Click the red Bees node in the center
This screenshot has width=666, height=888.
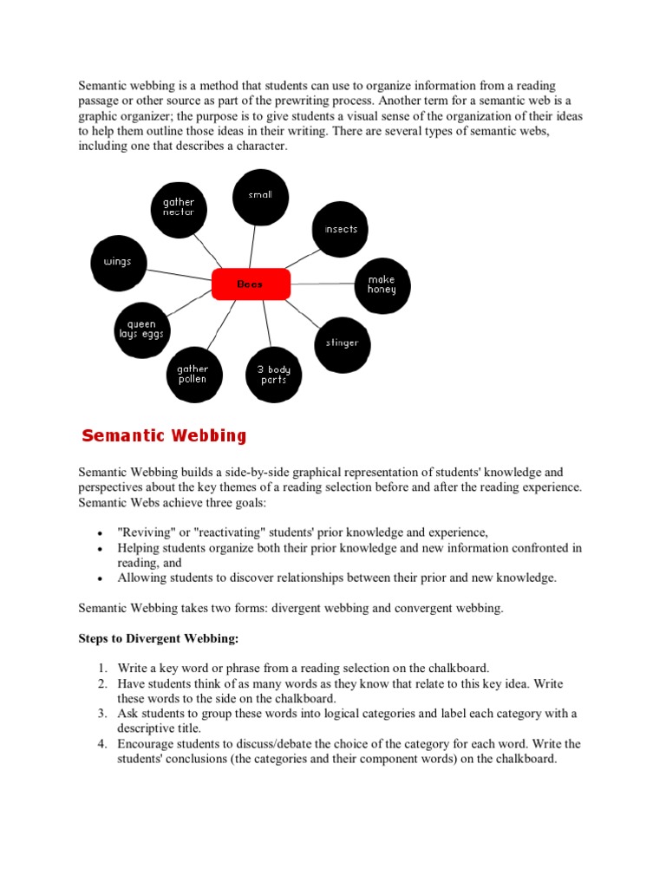[x=251, y=284]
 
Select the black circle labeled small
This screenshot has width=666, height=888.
[x=260, y=196]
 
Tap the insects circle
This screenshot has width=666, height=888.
[x=341, y=230]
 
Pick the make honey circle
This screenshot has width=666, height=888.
[x=382, y=285]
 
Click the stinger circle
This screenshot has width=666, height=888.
[x=342, y=343]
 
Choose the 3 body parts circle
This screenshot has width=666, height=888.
[x=273, y=375]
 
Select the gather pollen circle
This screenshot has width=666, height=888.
[x=193, y=375]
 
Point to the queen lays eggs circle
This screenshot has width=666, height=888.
[x=141, y=330]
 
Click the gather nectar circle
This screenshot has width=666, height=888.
[x=179, y=208]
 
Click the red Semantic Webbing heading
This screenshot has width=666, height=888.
[x=164, y=436]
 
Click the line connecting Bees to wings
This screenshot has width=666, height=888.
[x=178, y=274]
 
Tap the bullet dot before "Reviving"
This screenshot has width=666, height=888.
[x=101, y=533]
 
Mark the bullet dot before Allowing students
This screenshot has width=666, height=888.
[x=101, y=578]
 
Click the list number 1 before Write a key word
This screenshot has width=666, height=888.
[x=101, y=668]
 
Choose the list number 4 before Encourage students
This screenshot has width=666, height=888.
[x=101, y=744]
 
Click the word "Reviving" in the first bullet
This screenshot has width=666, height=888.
[x=144, y=532]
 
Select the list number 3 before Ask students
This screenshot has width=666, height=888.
[x=101, y=714]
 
